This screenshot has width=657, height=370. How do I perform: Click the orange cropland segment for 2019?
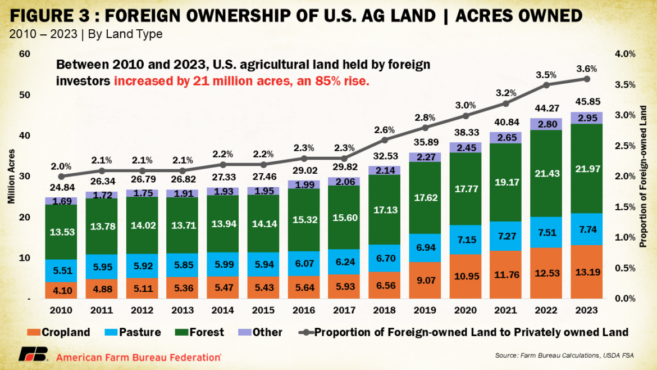tap(425, 280)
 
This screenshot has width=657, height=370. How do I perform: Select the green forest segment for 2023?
tap(586, 168)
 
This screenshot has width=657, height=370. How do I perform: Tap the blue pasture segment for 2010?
tap(61, 270)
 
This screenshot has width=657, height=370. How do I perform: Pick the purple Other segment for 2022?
tap(545, 124)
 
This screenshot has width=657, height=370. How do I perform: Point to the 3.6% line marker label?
tap(586, 69)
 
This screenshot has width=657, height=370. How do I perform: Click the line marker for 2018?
tap(385, 139)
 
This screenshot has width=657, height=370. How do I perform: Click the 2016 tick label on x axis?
tap(304, 310)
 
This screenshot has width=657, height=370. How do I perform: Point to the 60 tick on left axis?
tap(24, 54)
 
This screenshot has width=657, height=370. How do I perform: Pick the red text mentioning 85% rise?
tap(241, 80)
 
